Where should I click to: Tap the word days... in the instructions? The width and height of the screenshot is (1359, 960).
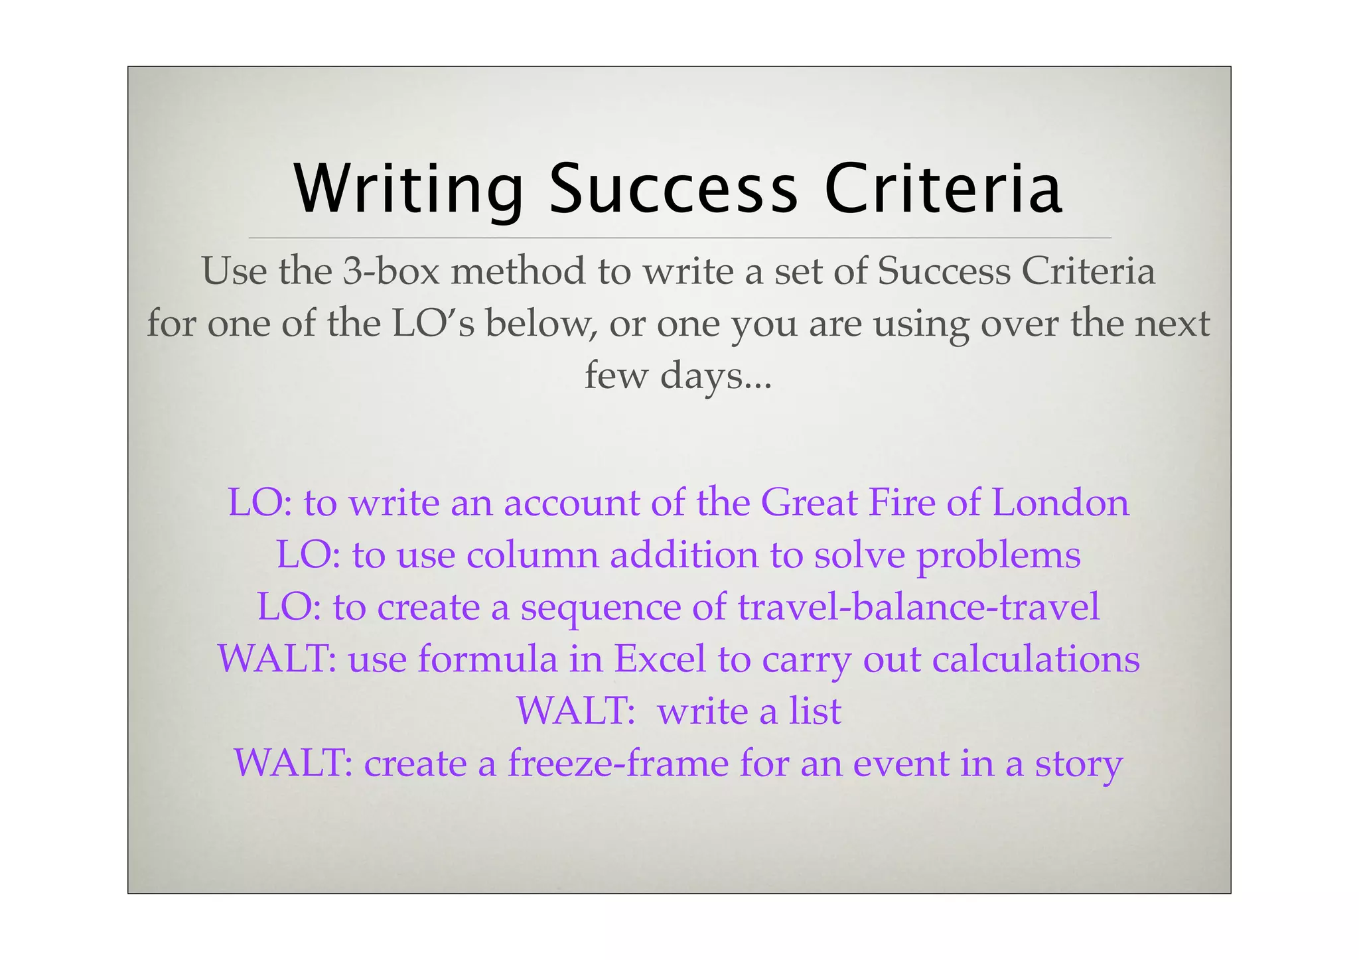coord(716,376)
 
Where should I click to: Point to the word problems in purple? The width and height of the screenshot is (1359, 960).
coord(998,556)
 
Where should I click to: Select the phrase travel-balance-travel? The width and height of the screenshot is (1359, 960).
coord(918,606)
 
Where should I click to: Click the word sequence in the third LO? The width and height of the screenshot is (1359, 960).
coord(601,608)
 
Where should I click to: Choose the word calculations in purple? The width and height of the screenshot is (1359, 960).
coord(1036,659)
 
